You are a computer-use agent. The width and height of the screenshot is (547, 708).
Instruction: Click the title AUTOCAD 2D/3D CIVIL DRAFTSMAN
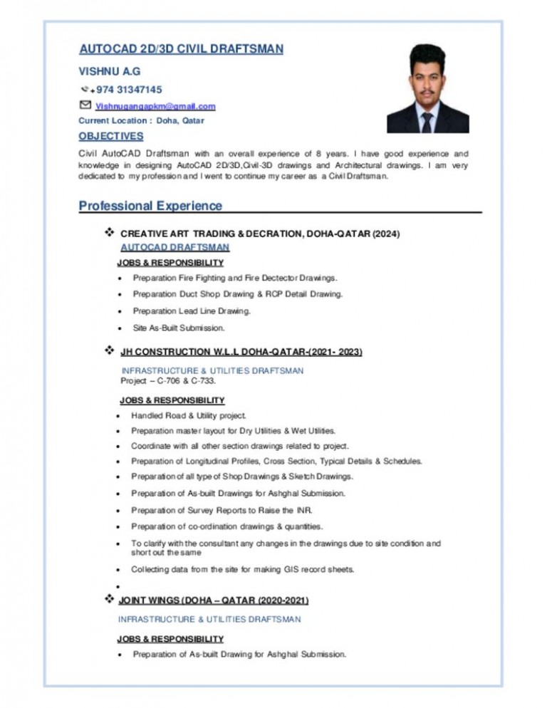181,49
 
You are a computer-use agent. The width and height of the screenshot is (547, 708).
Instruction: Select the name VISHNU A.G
110,72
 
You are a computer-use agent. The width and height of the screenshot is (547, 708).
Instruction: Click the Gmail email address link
155,106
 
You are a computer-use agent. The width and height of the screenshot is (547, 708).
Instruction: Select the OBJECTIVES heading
110,136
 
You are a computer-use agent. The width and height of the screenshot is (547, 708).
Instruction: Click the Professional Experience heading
150,207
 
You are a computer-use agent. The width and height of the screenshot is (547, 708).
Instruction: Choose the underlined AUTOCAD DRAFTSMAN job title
174,247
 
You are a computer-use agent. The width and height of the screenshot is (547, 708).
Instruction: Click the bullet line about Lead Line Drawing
192,311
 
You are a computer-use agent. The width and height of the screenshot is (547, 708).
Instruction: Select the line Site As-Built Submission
179,328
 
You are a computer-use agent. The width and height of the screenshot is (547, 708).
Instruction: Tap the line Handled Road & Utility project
189,415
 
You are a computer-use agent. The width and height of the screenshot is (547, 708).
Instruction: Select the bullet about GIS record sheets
242,570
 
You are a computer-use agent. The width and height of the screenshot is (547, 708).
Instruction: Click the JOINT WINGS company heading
213,601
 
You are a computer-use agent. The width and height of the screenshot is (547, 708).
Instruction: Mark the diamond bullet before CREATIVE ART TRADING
110,233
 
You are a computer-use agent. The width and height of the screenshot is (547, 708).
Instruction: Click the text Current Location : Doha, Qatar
141,120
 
